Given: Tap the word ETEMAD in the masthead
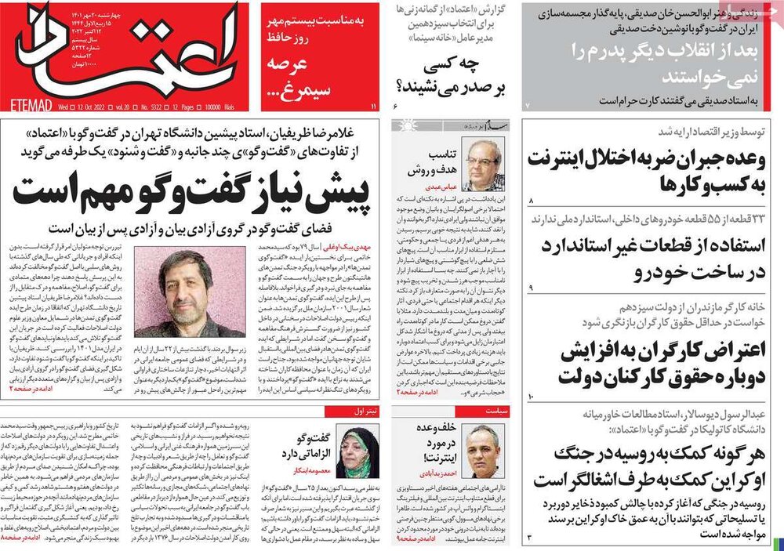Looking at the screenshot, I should coord(32,103).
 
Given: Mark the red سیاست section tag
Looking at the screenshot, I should coord(479,411).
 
